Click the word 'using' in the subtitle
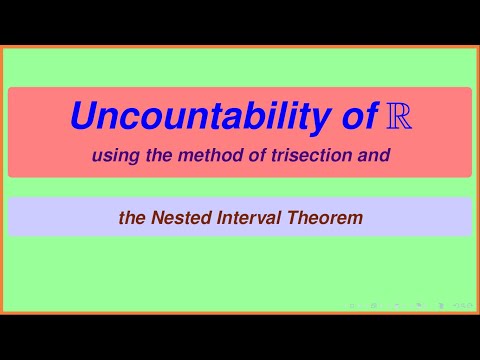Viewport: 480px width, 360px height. [110, 156]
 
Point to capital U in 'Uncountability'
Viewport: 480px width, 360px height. [83, 117]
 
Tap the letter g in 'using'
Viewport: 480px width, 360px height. [124, 158]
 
